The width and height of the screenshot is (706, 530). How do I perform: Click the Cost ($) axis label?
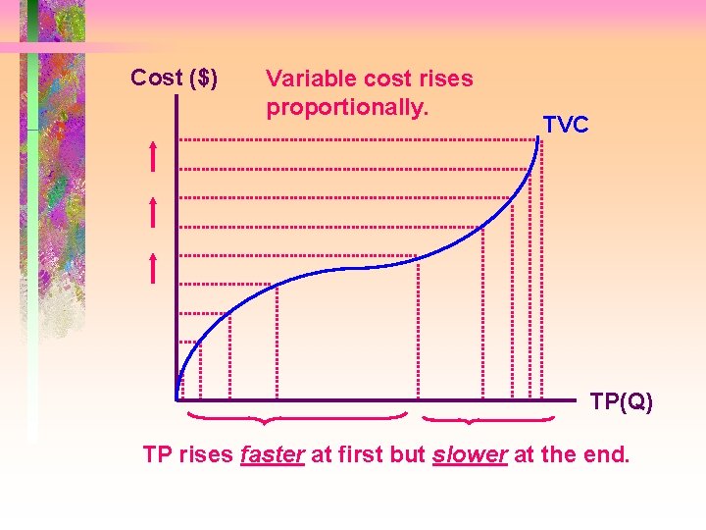pos(175,78)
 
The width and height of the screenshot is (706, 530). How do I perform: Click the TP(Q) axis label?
pos(621,401)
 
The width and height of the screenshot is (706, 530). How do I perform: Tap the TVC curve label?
pos(566,125)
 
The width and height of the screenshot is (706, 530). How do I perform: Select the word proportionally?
pos(347,106)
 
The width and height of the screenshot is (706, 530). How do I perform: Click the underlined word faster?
pos(272,455)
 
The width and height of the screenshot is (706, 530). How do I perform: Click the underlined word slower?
pos(469,455)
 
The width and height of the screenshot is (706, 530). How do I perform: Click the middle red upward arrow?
pos(154,211)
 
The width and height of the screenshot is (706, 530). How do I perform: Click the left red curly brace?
pos(297,419)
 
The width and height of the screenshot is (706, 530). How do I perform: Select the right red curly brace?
pos(488,420)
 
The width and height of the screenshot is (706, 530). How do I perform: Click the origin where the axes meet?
pos(177,399)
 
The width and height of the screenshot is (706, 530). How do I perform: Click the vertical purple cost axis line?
pos(176,245)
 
